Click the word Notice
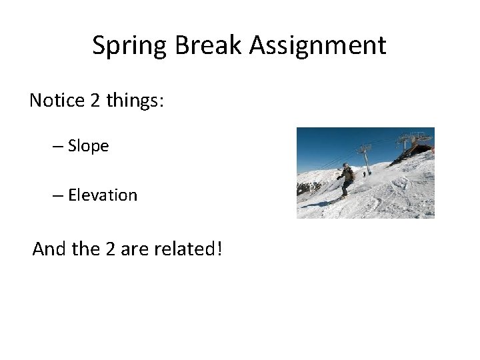[57, 101]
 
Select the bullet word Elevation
[103, 195]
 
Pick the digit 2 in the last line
[111, 249]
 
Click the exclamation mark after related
[219, 249]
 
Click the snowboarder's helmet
[345, 165]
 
